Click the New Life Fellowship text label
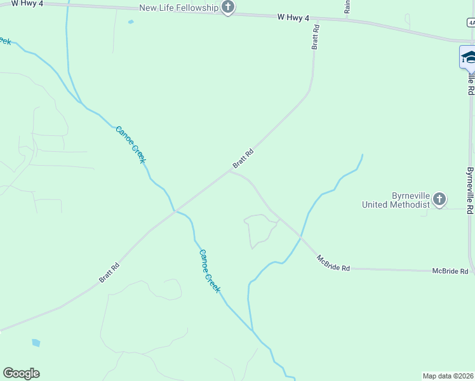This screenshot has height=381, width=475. click(179, 8)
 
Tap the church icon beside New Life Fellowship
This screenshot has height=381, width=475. click(228, 8)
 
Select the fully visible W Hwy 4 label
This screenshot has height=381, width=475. click(293, 18)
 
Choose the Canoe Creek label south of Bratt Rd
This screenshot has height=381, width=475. click(210, 271)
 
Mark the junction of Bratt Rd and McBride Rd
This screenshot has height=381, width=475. click(230, 170)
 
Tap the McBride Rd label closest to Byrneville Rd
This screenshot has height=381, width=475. click(450, 271)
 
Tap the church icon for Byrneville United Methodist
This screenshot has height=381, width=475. click(439, 201)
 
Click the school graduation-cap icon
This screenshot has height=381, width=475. click(469, 57)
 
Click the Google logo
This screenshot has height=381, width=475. click(21, 373)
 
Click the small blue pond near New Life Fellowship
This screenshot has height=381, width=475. click(131, 22)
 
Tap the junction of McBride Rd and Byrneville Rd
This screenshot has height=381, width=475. click(471, 271)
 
